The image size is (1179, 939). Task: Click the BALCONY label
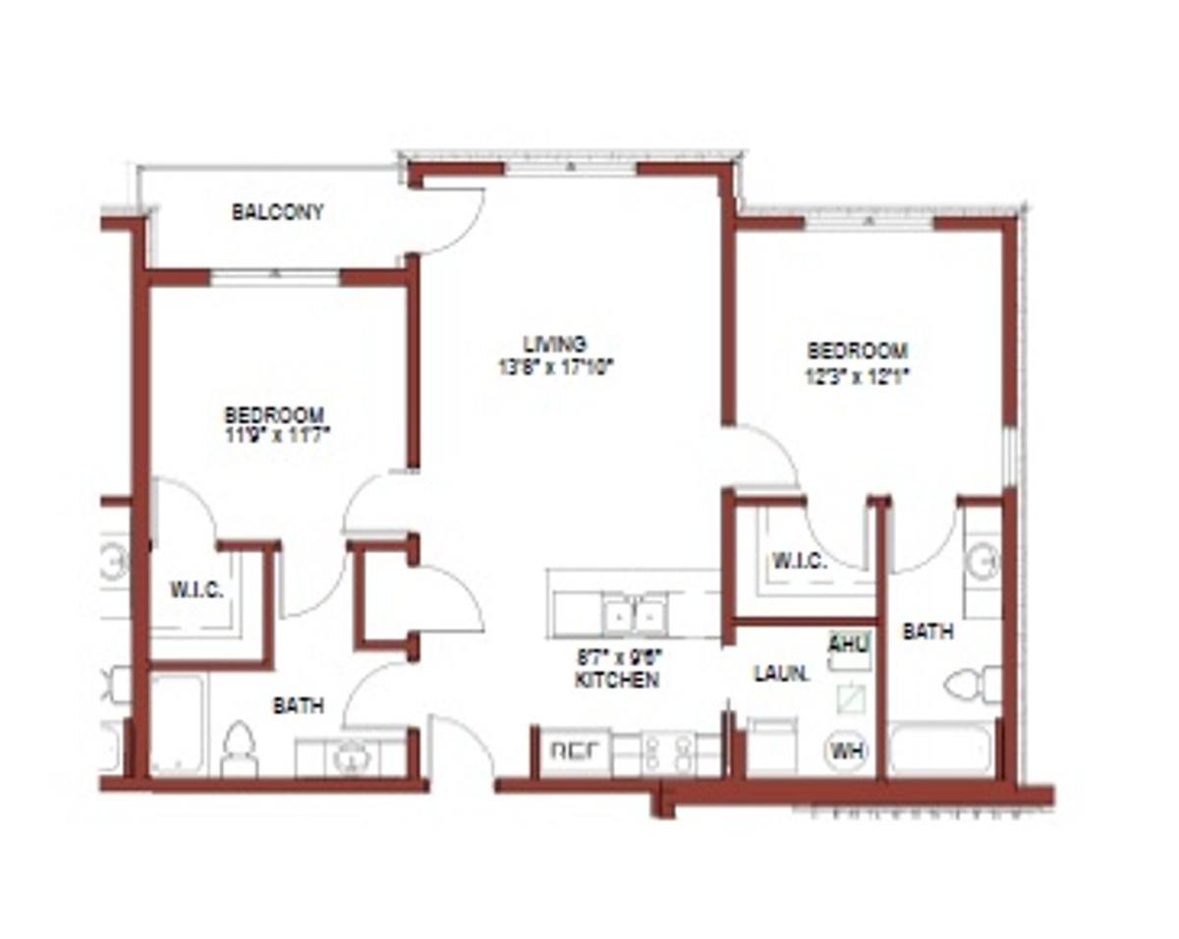[x=278, y=212]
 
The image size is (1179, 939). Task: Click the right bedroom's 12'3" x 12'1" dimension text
[x=857, y=374]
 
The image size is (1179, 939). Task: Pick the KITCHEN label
[x=617, y=680]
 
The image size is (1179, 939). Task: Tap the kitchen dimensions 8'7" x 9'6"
[x=617, y=658]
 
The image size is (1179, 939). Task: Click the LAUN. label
[x=781, y=675]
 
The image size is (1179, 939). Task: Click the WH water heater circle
[x=846, y=751]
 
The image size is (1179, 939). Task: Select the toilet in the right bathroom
[x=973, y=684]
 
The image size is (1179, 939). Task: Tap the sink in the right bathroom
[x=982, y=562]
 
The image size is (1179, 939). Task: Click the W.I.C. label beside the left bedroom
[x=196, y=591]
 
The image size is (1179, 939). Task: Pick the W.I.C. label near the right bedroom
[x=798, y=562]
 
